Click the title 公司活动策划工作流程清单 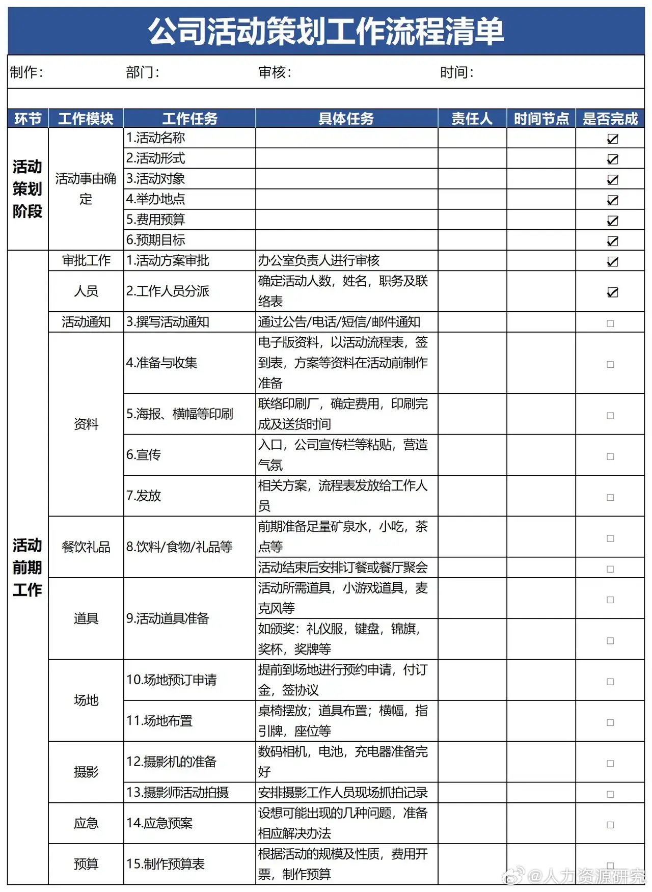click(326, 31)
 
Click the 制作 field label click(26, 72)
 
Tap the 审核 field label click(275, 72)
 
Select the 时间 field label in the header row click(456, 72)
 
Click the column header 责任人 click(472, 119)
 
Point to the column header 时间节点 click(541, 119)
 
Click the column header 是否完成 click(610, 119)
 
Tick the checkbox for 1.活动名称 click(612, 139)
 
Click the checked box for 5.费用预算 click(612, 221)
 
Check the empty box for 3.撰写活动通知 click(610, 323)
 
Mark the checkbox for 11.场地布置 click(610, 722)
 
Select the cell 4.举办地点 click(156, 199)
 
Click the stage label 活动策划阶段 click(28, 189)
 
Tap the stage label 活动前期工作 click(28, 567)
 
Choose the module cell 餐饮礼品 click(86, 547)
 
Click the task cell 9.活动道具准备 click(168, 618)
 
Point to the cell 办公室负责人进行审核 click(319, 261)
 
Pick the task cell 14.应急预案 click(159, 823)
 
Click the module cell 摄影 click(86, 772)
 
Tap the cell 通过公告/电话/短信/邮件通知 click(339, 322)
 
